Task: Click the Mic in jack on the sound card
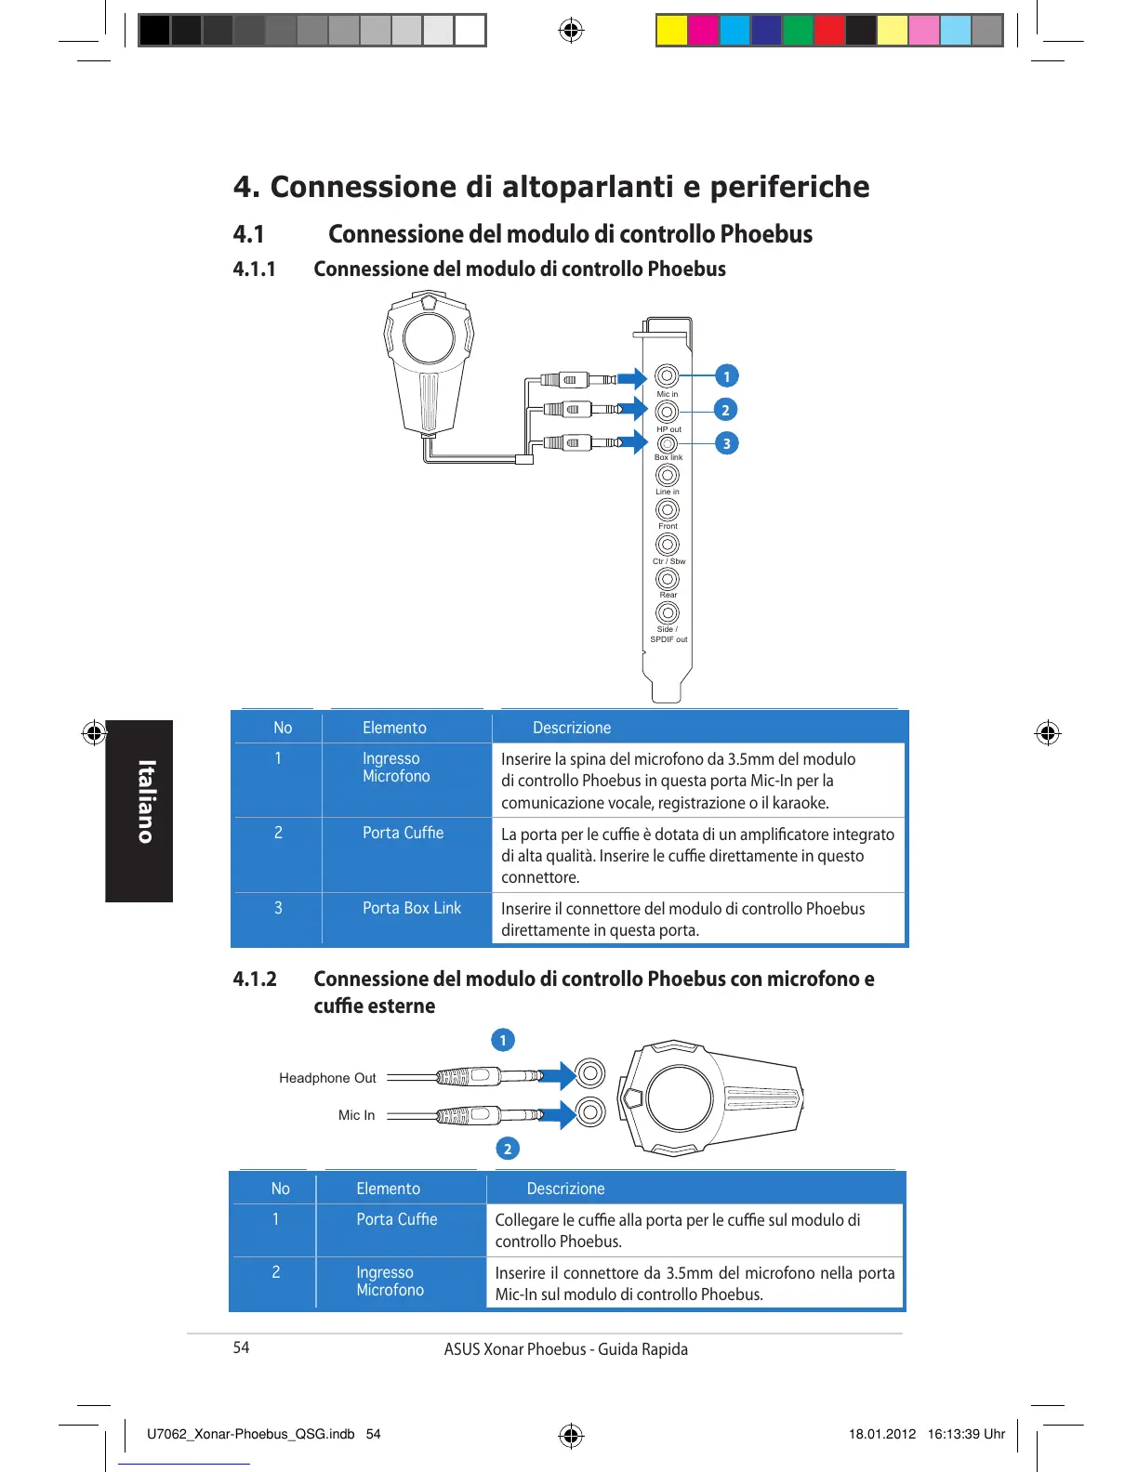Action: pos(667,375)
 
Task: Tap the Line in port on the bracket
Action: pos(667,475)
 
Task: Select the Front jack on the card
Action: pos(667,509)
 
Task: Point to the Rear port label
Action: pos(668,595)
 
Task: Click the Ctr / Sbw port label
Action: pos(668,561)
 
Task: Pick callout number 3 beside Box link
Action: pos(726,443)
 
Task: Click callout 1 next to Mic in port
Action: pos(726,376)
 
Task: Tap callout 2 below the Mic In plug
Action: pos(507,1149)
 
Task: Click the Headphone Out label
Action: pos(327,1078)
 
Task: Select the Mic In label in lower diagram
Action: pos(356,1115)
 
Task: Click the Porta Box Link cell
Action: pos(411,908)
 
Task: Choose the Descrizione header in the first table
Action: pos(572,728)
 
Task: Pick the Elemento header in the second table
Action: pos(388,1189)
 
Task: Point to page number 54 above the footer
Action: pos(241,1347)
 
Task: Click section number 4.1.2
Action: pos(255,979)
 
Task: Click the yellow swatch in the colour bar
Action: pos(672,31)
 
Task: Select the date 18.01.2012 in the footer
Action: pos(881,1434)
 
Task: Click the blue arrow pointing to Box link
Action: pos(633,442)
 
